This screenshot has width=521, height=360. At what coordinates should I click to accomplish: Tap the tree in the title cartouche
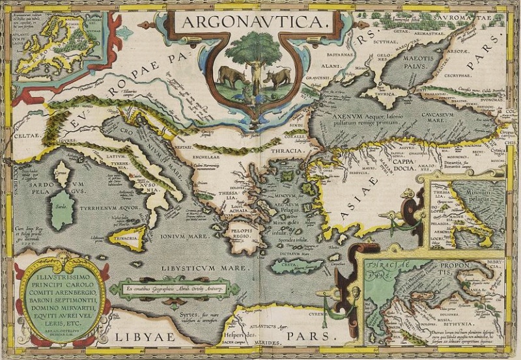click(253, 53)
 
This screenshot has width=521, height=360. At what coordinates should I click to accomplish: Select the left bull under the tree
click(229, 76)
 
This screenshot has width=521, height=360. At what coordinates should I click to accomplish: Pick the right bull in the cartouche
click(277, 78)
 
